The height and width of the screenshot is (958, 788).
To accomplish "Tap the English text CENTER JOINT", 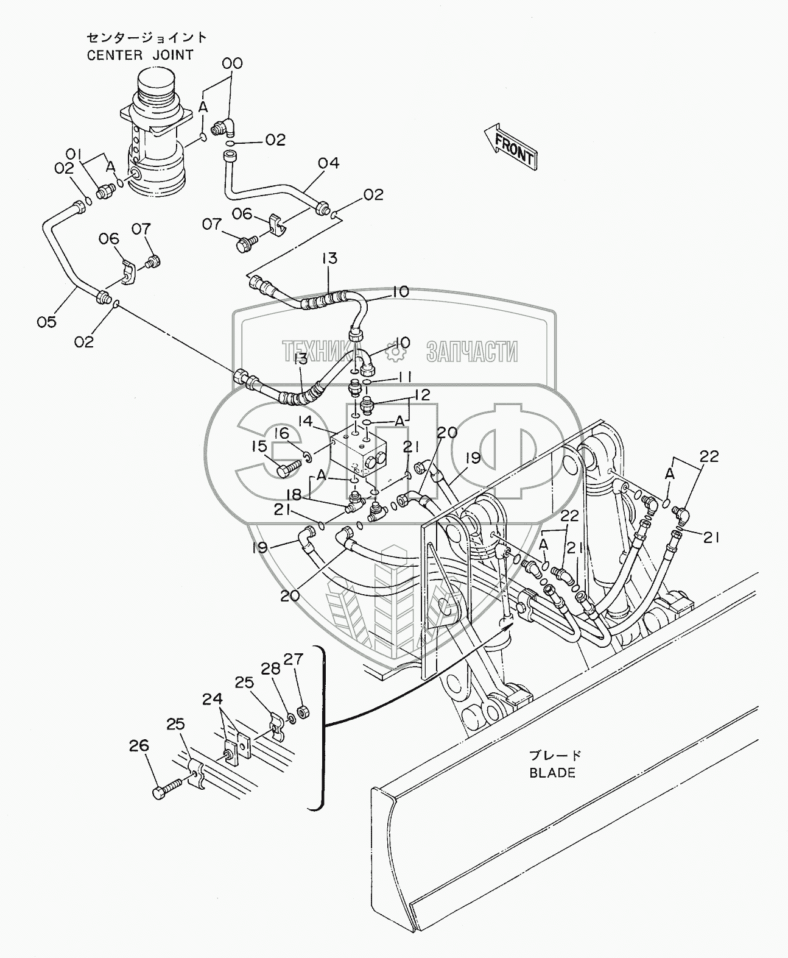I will (139, 55).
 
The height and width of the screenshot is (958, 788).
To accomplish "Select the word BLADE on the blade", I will (552, 773).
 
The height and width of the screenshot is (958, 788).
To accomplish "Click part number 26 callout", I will (138, 745).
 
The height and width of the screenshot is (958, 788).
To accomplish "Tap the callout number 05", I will (46, 321).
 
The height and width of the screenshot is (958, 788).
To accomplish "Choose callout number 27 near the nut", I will (294, 659).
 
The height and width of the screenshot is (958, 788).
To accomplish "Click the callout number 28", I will (271, 669).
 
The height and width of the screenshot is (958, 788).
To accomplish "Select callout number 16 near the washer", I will (281, 433).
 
